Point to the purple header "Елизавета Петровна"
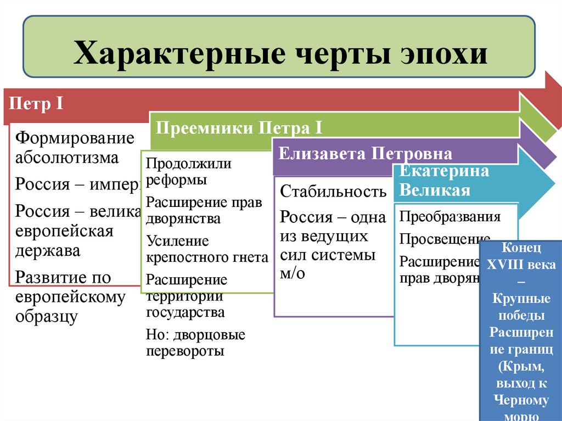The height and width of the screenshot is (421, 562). [x=365, y=153]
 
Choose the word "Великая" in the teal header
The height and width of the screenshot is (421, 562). [x=435, y=190]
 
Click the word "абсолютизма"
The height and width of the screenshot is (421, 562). [x=67, y=158]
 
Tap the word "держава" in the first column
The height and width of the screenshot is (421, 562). [x=47, y=251]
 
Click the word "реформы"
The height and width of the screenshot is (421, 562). [x=176, y=179]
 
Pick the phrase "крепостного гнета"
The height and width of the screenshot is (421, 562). [x=207, y=257]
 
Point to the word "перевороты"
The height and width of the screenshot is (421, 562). [x=185, y=351]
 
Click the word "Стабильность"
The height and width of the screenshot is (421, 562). [x=333, y=192]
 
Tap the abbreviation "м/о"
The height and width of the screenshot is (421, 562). [x=292, y=273]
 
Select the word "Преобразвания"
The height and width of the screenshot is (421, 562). [x=450, y=216]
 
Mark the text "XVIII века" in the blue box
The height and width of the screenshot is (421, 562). [x=521, y=265]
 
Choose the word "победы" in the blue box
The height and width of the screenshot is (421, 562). [x=521, y=316]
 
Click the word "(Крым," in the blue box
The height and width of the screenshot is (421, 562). [x=521, y=367]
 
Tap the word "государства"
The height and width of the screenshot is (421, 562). [x=185, y=312]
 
